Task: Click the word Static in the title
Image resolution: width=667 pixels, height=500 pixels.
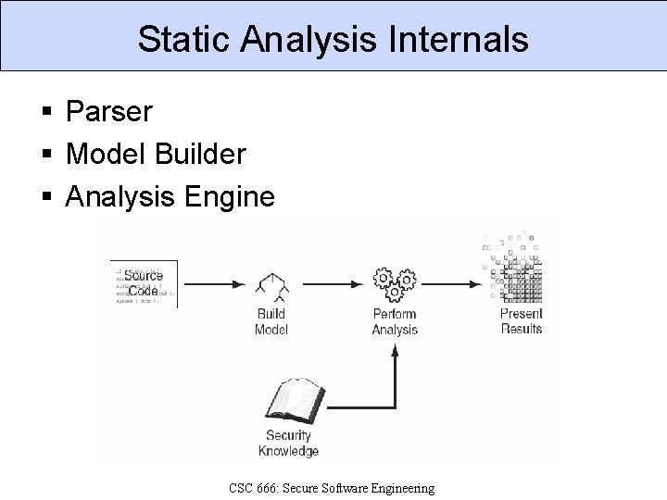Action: tap(182, 39)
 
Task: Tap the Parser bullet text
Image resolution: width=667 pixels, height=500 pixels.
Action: tap(109, 112)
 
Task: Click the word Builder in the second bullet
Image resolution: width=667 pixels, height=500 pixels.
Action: tap(204, 154)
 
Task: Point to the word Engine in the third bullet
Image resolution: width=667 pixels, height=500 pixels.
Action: tap(234, 196)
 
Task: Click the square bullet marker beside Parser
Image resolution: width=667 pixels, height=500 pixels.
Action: tap(46, 113)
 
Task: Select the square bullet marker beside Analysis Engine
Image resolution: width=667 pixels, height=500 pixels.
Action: tap(46, 197)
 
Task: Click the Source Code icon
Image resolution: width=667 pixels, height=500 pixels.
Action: tap(144, 283)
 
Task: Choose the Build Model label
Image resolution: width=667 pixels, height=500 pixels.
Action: tap(271, 321)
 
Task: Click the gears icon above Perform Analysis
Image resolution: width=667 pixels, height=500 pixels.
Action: tap(395, 283)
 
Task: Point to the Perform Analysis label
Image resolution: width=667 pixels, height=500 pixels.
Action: tap(395, 321)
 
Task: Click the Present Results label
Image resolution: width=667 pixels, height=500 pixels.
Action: tap(521, 321)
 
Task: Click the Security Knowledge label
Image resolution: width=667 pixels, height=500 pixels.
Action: tap(288, 443)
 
